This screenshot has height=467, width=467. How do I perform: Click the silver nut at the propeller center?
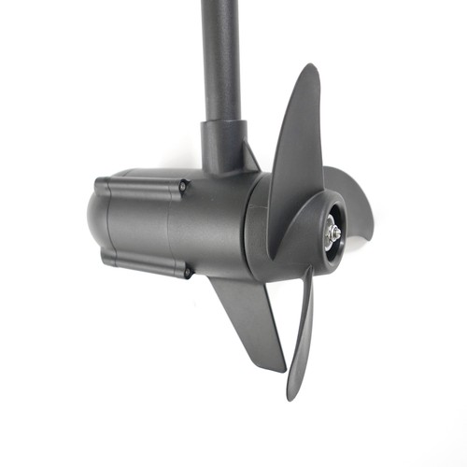pos(332,233)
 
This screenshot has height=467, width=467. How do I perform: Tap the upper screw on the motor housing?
pos(184,187)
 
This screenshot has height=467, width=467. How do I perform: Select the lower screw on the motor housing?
pos(187,273)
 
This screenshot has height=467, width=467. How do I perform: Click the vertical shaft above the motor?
pos(221,56)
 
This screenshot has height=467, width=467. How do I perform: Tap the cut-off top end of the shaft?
pos(221,4)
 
